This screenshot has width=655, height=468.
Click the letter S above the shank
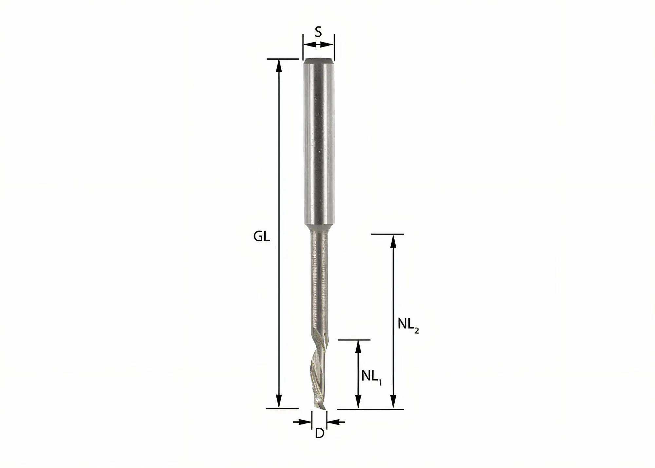(x=318, y=32)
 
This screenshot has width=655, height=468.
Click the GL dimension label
(x=262, y=236)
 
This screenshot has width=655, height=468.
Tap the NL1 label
(x=371, y=376)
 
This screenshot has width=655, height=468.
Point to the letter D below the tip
(x=319, y=433)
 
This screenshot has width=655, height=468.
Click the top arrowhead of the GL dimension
(x=279, y=66)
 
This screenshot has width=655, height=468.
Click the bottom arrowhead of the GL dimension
(x=279, y=402)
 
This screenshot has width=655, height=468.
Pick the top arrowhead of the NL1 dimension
(x=358, y=346)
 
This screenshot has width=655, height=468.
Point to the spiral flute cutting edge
(x=318, y=367)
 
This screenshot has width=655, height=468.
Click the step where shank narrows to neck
(x=318, y=226)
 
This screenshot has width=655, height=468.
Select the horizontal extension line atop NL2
(x=387, y=234)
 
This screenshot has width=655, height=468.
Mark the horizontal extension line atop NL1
(x=354, y=340)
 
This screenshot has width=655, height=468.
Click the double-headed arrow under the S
(x=318, y=45)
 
